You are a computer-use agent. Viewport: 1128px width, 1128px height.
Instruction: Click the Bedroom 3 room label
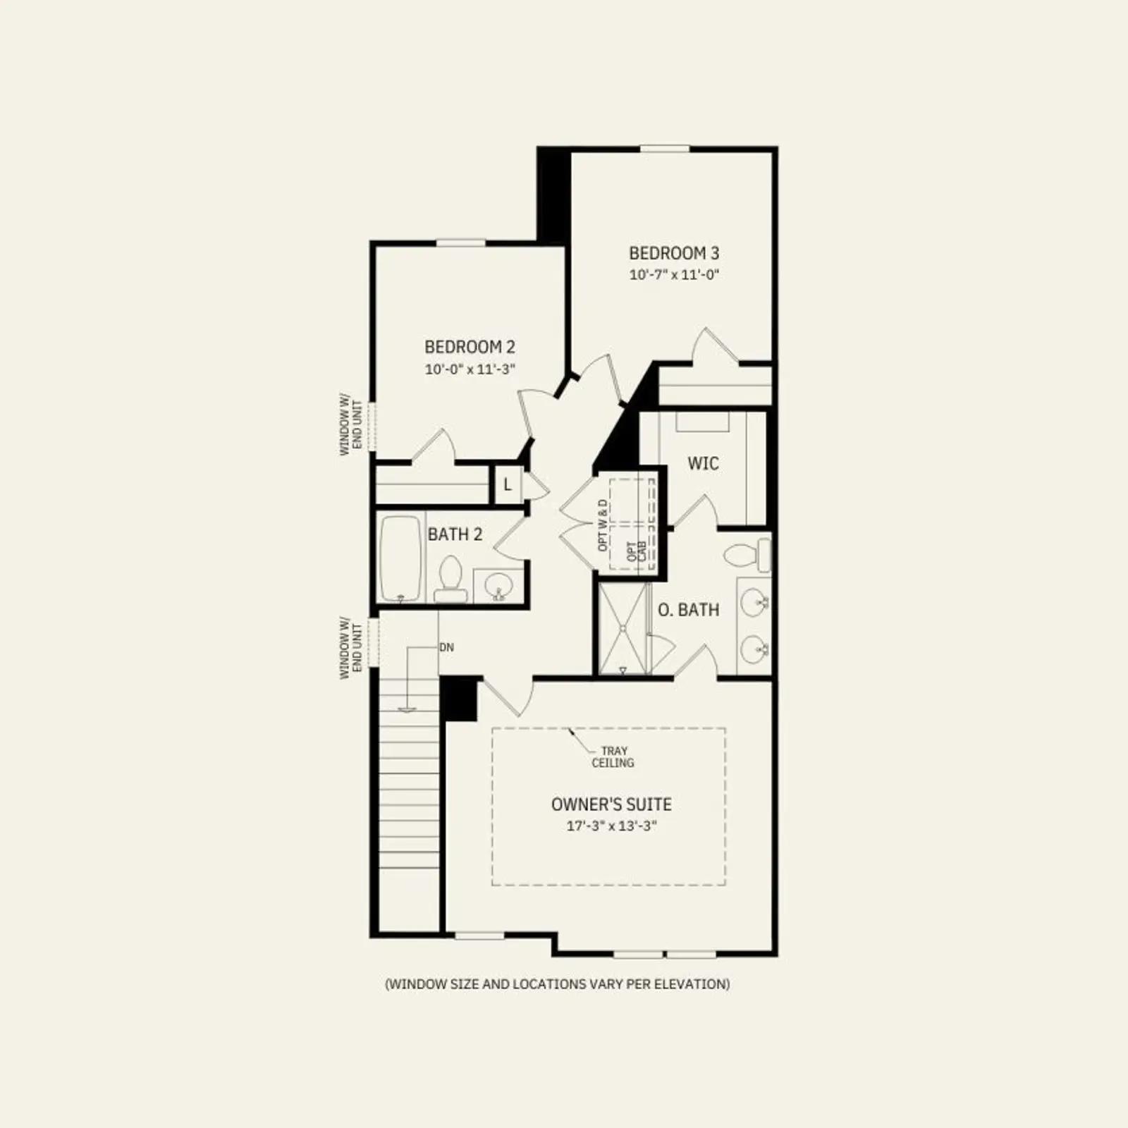pos(674,253)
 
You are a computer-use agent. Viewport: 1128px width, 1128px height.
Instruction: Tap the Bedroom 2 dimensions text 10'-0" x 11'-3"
pos(470,369)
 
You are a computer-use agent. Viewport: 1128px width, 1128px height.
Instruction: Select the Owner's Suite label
pos(611,804)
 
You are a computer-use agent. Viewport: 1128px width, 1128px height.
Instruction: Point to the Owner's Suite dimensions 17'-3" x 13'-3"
pos(611,826)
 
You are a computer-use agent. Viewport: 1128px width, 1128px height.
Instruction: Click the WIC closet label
pos(703,463)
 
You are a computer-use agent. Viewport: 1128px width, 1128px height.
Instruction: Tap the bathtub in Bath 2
pos(401,559)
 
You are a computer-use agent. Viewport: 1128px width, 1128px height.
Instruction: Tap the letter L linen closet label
pos(507,485)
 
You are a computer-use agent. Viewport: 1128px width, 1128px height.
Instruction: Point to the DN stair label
pos(446,647)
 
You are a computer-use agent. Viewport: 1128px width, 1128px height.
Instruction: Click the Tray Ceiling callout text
pos(613,756)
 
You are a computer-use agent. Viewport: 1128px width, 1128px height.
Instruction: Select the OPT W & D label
pos(602,525)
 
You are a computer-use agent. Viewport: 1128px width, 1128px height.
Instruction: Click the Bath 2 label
pos(455,534)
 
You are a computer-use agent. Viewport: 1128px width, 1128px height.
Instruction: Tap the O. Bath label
pos(689,610)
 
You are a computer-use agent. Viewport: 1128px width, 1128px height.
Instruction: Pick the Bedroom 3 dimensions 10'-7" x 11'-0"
pos(674,275)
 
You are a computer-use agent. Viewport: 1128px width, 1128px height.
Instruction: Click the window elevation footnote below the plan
pos(557,983)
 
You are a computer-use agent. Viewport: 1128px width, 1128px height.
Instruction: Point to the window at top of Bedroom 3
pos(665,149)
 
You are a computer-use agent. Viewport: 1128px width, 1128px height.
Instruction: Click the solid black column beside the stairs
pos(458,699)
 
